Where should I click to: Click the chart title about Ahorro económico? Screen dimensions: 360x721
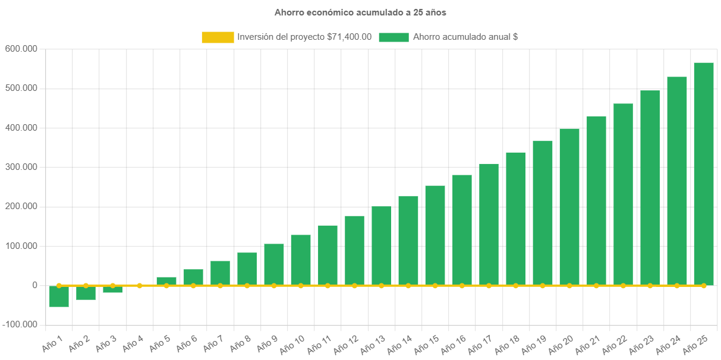pyautogui.click(x=360, y=12)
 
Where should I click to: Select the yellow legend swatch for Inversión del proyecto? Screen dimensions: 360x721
pyautogui.click(x=218, y=37)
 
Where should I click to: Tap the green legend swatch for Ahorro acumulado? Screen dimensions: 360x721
pyautogui.click(x=393, y=37)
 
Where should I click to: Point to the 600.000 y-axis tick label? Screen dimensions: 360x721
pyautogui.click(x=21, y=48)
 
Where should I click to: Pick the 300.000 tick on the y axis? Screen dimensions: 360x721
pyautogui.click(x=21, y=167)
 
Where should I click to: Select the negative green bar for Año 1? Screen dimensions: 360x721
pyautogui.click(x=59, y=296)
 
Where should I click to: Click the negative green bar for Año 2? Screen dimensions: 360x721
pyautogui.click(x=86, y=293)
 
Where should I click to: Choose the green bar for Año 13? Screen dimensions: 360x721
pyautogui.click(x=382, y=245)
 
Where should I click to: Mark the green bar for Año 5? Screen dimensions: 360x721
pyautogui.click(x=166, y=281)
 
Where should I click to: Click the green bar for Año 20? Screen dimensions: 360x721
pyautogui.click(x=569, y=207)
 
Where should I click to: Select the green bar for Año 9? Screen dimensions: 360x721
pyautogui.click(x=274, y=264)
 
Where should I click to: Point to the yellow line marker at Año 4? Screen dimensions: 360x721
pyautogui.click(x=140, y=286)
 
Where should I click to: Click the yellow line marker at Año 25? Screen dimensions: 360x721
pyautogui.click(x=704, y=286)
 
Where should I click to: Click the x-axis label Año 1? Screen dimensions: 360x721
pyautogui.click(x=52, y=342)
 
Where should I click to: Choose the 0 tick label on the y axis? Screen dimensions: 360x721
pyautogui.click(x=35, y=285)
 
